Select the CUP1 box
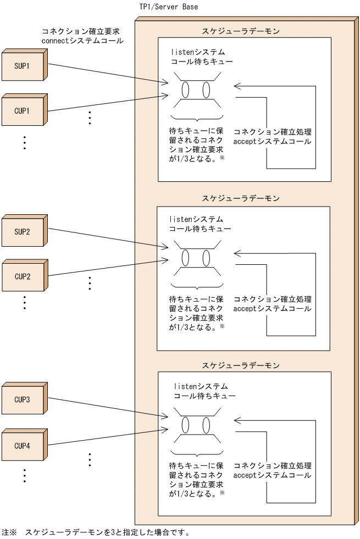[x=23, y=110]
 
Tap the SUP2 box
[x=23, y=231]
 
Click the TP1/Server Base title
[x=169, y=7]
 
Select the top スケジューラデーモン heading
[x=241, y=31]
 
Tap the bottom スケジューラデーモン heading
[x=241, y=365]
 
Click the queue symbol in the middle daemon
[x=197, y=257]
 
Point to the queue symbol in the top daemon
[x=197, y=90]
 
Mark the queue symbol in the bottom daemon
[x=197, y=426]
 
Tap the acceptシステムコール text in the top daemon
[x=272, y=142]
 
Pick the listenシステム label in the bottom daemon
[x=200, y=386]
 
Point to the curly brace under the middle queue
[x=197, y=286]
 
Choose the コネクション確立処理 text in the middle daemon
[x=272, y=299]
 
